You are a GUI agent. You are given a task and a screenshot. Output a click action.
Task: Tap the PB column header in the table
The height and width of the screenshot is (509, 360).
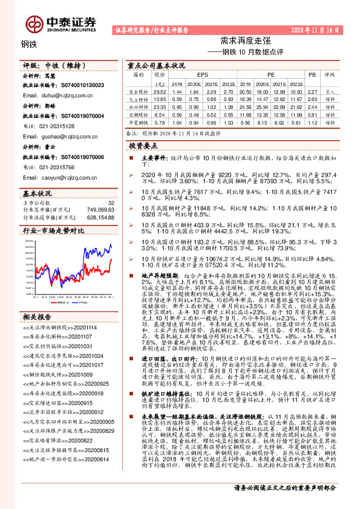[312, 75]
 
